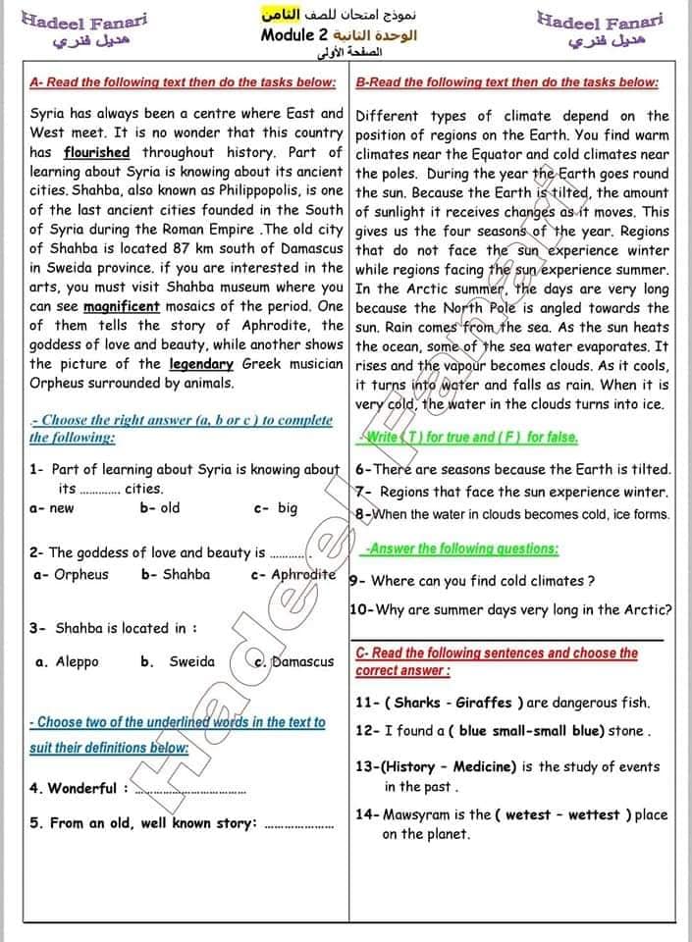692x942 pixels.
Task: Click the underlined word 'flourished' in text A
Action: pyautogui.click(x=96, y=152)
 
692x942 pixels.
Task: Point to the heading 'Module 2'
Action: pyautogui.click(x=294, y=35)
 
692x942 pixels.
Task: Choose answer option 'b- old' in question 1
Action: pyautogui.click(x=160, y=508)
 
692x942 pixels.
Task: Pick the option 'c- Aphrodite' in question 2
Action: pyautogui.click(x=293, y=574)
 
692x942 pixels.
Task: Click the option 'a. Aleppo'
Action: pyautogui.click(x=67, y=661)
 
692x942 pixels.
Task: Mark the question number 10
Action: pyautogui.click(x=359, y=609)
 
